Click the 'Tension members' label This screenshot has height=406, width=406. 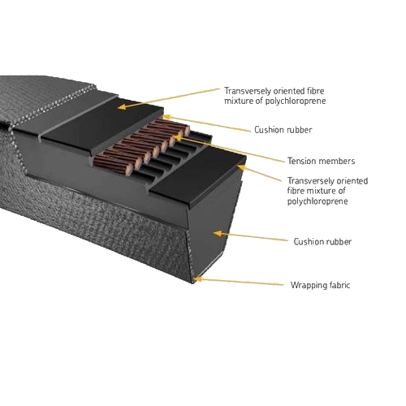[x=321, y=161]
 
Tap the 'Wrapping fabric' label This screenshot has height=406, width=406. [x=321, y=285]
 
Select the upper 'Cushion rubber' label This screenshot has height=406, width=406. [x=283, y=130]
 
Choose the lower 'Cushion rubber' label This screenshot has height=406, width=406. [x=322, y=242]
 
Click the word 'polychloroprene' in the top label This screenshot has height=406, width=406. [x=296, y=101]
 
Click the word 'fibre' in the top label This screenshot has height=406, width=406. [x=316, y=91]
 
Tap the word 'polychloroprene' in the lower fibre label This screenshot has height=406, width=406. [x=317, y=201]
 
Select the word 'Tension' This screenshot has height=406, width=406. [x=301, y=161]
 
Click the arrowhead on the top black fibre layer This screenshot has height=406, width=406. [x=122, y=107]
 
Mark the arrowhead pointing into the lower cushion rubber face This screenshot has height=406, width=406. [x=217, y=233]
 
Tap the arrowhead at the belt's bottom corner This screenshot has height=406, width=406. [x=198, y=279]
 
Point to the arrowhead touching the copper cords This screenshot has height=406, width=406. [x=176, y=137]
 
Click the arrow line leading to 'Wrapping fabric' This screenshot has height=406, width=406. [x=240, y=282]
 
